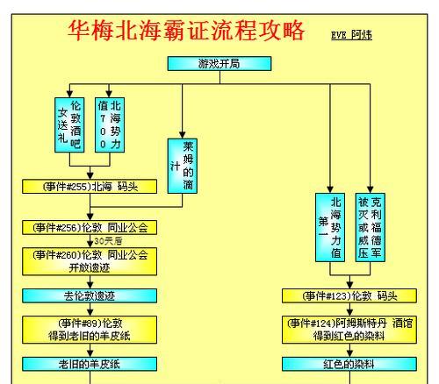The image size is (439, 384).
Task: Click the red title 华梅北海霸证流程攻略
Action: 186,31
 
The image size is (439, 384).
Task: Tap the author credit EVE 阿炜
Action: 351,35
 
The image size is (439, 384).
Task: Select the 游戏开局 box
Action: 219,64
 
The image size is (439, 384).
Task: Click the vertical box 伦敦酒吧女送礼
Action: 69,125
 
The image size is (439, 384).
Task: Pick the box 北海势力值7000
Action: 110,125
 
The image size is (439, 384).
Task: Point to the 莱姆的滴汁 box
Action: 183,166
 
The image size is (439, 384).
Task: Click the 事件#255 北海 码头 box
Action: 90,187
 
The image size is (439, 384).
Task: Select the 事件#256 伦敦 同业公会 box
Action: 90,228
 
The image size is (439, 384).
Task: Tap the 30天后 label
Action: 108,241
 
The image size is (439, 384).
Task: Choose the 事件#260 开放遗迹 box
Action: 90,261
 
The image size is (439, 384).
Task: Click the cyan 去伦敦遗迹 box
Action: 90,296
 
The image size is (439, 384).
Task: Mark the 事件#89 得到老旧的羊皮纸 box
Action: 90,330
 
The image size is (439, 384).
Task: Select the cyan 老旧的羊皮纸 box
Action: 90,364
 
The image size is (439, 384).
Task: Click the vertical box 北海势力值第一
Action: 330,227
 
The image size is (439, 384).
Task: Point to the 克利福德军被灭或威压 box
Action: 371,227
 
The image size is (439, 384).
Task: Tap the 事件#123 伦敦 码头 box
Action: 349,296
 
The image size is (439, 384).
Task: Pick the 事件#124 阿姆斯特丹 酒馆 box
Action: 349,330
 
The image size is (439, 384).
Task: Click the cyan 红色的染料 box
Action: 349,364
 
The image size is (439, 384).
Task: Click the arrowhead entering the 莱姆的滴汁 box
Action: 183,135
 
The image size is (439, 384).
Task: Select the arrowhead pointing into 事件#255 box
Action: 90,176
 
